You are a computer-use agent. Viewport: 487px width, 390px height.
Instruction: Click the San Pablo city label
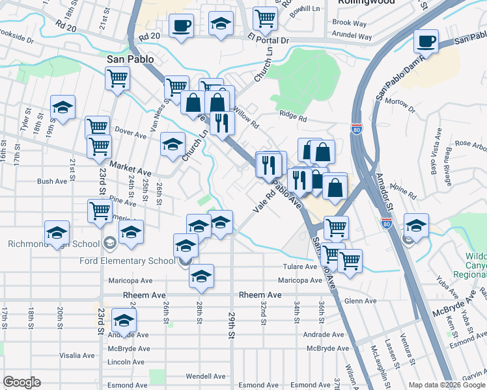pyautogui.click(x=130, y=59)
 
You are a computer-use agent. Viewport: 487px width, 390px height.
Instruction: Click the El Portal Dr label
pyautogui.click(x=267, y=40)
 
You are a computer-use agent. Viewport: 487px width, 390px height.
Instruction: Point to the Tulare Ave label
pyautogui.click(x=299, y=266)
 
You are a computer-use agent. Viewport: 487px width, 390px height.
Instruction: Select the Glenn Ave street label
pyautogui.click(x=361, y=301)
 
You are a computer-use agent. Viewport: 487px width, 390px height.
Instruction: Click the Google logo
pyautogui.click(x=21, y=382)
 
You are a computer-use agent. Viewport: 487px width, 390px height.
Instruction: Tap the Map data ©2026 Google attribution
pyautogui.click(x=447, y=385)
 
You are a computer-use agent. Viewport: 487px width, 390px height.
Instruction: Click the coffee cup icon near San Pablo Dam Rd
pyautogui.click(x=426, y=41)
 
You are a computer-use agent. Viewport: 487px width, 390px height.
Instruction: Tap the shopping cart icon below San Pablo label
pyautogui.click(x=117, y=79)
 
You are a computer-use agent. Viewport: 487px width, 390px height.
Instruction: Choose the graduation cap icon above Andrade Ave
pyautogui.click(x=123, y=320)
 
